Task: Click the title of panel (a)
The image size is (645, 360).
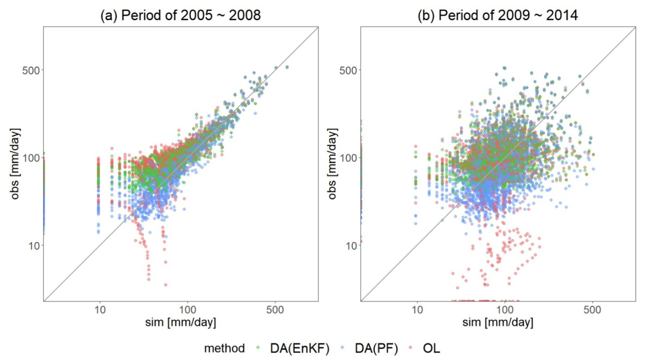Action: coord(180,15)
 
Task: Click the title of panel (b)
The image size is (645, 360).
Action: coord(497,15)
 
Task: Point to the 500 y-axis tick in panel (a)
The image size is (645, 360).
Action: coord(31,70)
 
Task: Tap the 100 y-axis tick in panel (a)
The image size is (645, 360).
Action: coord(31,158)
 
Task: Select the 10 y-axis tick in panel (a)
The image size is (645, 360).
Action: coord(34,245)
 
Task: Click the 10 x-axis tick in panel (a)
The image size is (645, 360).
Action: coord(100,310)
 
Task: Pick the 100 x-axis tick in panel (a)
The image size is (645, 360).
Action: coord(187,310)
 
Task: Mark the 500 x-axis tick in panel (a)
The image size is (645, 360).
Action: coord(275,310)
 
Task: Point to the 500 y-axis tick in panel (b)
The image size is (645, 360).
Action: coord(348,70)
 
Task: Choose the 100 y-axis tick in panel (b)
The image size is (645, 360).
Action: coord(348,158)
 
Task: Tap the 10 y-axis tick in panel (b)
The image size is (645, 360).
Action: coord(351,245)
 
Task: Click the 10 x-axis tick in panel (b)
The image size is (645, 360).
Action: coord(417,310)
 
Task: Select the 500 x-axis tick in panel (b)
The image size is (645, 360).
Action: coord(592,310)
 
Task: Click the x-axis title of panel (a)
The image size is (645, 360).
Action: coord(180,322)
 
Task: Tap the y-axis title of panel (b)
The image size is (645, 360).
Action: coord(332,164)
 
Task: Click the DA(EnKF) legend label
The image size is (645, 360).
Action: coord(299,348)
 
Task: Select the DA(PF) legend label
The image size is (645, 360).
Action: coord(376,348)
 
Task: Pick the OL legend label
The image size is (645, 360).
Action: coord(431,348)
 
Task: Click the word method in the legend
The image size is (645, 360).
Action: coord(224,348)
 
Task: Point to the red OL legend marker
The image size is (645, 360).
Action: coord(411,348)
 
